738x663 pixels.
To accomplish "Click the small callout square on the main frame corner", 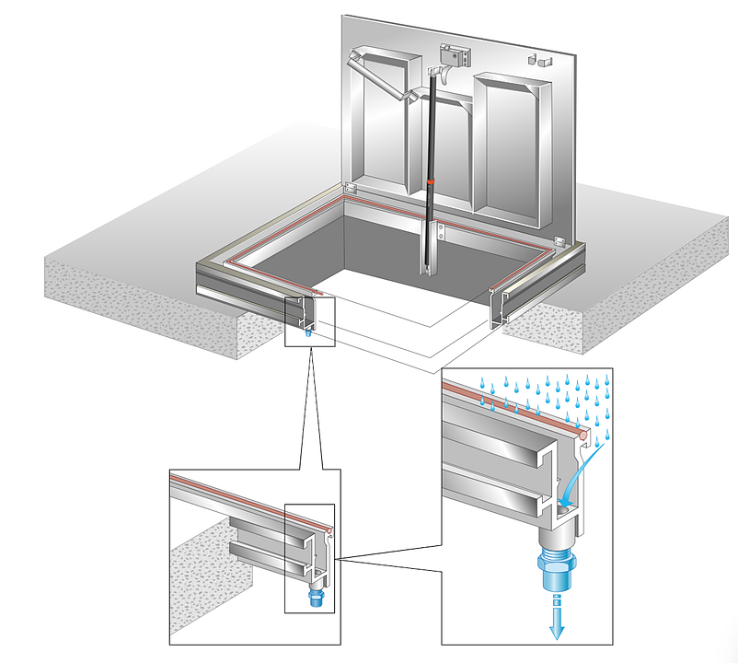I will [310, 320].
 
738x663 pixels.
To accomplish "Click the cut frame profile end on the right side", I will [498, 308].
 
